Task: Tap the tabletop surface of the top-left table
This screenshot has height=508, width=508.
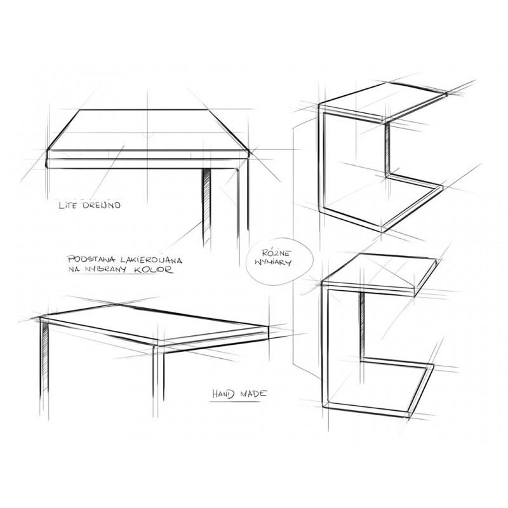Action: click(x=147, y=130)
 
